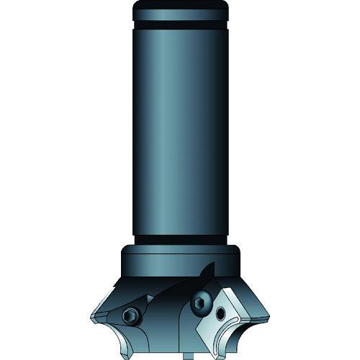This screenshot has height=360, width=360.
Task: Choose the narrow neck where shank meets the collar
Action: point(180,240)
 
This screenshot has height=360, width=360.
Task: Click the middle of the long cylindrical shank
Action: point(180,137)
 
